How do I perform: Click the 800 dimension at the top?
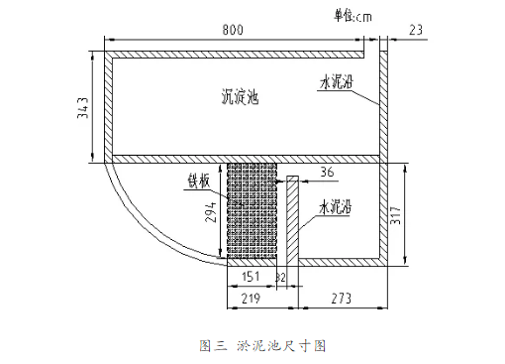tap(233, 31)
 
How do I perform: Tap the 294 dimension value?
tap(211, 211)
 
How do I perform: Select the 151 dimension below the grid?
tap(252, 275)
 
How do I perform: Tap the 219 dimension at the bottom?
tap(252, 298)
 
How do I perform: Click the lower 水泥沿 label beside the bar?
tap(339, 211)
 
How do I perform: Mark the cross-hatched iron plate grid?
tap(252, 212)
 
